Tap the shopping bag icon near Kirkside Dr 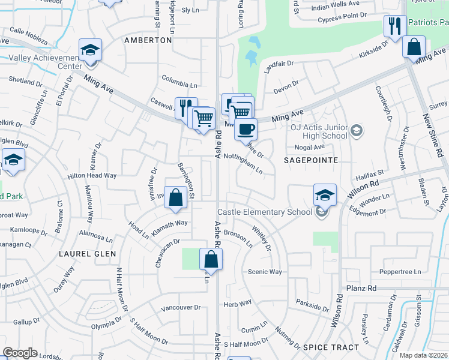414,47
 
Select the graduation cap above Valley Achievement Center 90,50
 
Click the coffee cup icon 244,128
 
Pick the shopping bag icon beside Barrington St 175,198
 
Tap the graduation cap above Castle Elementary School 325,194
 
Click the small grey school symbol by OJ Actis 357,130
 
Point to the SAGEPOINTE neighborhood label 313,160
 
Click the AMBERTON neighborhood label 148,40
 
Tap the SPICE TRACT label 331,347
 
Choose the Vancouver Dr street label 181,307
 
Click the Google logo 20,353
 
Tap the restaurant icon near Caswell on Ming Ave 185,109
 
